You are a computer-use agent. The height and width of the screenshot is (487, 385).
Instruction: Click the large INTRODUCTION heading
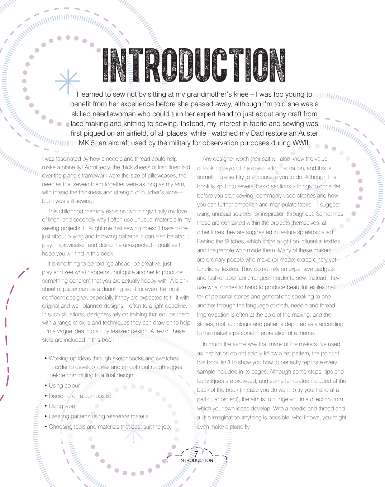(194, 65)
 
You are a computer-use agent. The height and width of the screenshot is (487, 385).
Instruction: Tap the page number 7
(196, 454)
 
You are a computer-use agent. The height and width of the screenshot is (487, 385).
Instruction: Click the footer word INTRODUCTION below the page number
(196, 461)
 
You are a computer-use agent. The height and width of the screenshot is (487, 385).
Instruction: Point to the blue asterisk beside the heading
(67, 81)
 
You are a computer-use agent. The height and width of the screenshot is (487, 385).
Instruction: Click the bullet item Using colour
(64, 386)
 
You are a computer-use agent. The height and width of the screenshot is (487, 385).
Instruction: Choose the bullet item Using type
(62, 406)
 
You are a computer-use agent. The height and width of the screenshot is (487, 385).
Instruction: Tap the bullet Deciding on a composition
(81, 396)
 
